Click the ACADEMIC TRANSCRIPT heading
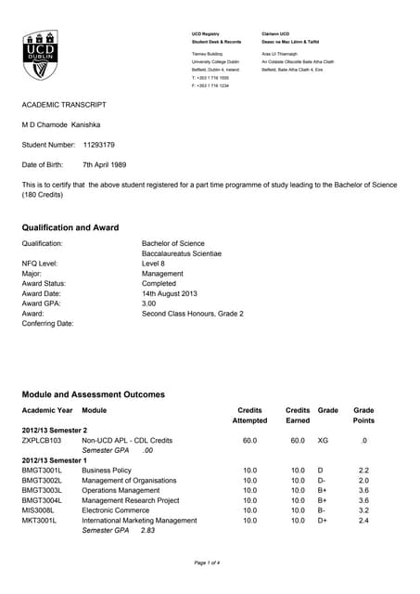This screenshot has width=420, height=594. tap(65, 105)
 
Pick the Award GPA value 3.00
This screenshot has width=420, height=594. tap(150, 303)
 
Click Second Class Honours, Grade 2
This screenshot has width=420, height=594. tap(192, 314)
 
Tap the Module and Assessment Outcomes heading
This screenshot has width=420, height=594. tap(93, 394)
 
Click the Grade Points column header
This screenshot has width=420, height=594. tap(364, 415)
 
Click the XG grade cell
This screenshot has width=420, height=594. tap(323, 441)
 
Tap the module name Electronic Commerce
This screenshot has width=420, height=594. tap(115, 510)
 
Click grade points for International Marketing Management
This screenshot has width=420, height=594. tap(364, 520)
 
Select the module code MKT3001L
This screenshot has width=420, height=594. tap(40, 520)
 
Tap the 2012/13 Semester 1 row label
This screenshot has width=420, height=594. tap(55, 460)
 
